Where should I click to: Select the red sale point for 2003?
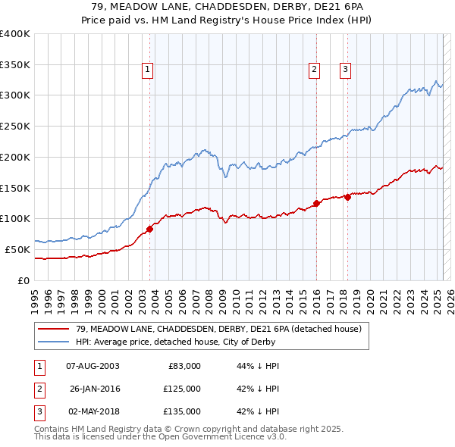pyautogui.click(x=150, y=229)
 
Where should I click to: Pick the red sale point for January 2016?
pyautogui.click(x=316, y=203)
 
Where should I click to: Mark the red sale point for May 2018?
pyautogui.click(x=347, y=197)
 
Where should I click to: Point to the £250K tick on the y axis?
pyautogui.click(x=15, y=126)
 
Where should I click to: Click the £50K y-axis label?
pyautogui.click(x=17, y=249)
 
